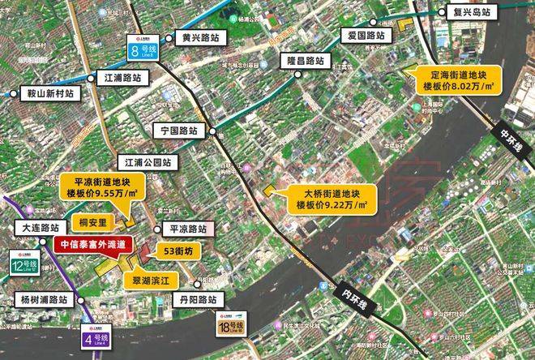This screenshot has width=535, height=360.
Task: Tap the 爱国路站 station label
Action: [x=365, y=36]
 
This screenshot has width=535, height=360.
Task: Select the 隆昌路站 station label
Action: [x=304, y=61]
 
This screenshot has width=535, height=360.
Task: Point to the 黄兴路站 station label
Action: [x=200, y=37]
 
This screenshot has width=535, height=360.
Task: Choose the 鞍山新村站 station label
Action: [x=48, y=93]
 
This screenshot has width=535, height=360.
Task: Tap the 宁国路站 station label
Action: [x=181, y=129]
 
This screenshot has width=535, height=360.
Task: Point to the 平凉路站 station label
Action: [x=187, y=229]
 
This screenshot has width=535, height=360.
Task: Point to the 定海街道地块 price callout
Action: [x=458, y=76]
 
